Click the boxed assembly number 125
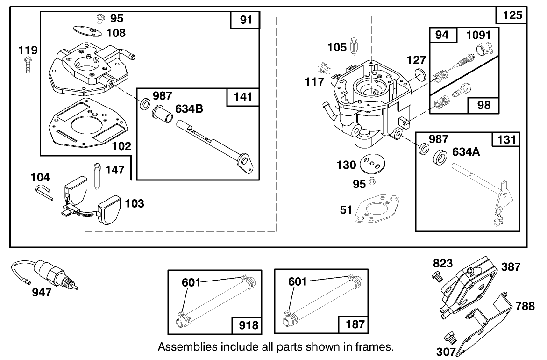[x=514, y=15]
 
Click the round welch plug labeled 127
[x=420, y=74]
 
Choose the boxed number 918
[x=248, y=324]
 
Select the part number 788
[x=525, y=306]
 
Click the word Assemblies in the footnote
[x=185, y=347]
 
